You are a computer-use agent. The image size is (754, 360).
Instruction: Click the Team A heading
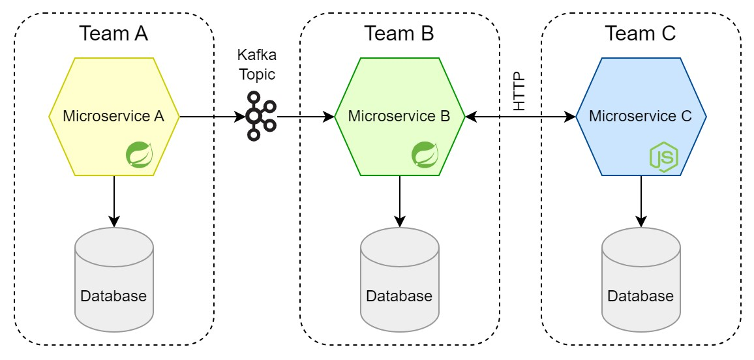coord(113,34)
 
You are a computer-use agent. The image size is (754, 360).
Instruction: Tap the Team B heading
coord(399,34)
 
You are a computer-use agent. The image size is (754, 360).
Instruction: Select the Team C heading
coord(641,34)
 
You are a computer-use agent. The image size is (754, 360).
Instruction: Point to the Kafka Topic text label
coord(257,65)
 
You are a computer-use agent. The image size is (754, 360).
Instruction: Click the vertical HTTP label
coord(520,93)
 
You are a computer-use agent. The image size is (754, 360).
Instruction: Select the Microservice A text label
coord(114,116)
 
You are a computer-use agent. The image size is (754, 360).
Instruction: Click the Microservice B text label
coord(399,116)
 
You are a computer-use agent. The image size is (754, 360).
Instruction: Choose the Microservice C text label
coord(641,116)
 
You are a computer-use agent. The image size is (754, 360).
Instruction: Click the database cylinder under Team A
coord(114,277)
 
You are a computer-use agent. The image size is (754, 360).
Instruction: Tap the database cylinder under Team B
coord(400,277)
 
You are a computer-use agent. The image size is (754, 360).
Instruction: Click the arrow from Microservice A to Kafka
coord(212,116)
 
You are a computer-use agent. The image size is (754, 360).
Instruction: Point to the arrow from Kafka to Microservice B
coord(306,116)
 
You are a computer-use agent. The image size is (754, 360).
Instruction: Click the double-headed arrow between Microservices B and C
coord(520,116)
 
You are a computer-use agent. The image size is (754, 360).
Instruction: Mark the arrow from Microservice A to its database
coord(114,202)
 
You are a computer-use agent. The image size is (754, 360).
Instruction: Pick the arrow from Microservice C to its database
coord(641,202)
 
